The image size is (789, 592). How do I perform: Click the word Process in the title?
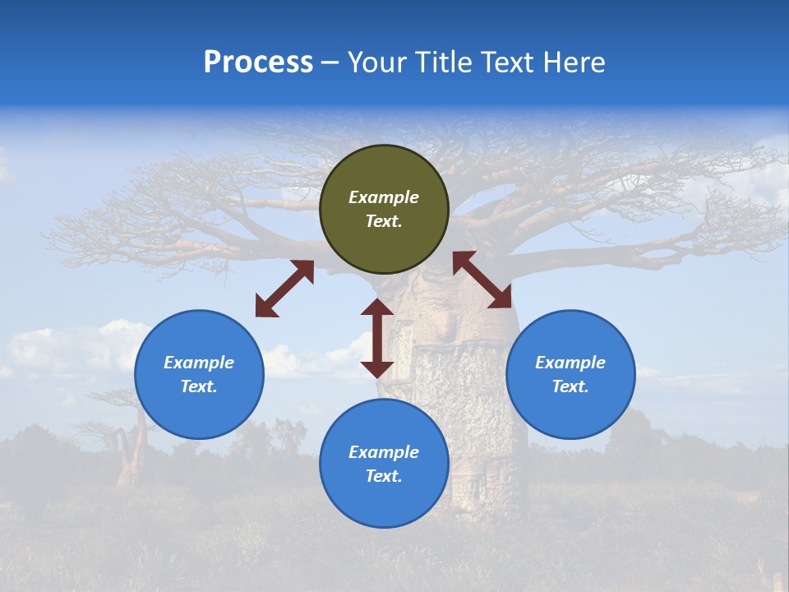tap(258, 62)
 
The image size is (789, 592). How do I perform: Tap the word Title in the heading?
tap(448, 62)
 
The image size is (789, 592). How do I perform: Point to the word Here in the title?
tap(572, 62)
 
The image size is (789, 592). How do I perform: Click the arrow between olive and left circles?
tap(284, 289)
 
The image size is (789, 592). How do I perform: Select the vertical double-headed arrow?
tap(377, 338)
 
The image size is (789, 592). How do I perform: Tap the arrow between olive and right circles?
tap(482, 280)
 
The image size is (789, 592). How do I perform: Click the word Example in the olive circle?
tap(384, 197)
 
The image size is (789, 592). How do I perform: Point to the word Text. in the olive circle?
tap(384, 221)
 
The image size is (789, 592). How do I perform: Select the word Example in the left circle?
tap(199, 363)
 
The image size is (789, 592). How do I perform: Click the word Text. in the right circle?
tap(570, 386)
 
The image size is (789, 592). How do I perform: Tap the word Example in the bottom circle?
tap(384, 452)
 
